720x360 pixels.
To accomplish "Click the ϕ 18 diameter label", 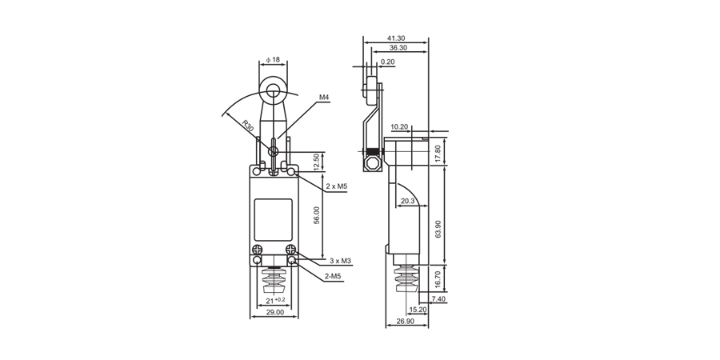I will pos(273,59).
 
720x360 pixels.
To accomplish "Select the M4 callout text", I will pos(325,98).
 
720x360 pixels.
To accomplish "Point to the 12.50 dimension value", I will pos(317,162).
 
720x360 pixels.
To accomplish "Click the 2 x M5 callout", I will pos(337,186).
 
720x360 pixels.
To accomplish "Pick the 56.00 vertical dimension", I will pos(317,215).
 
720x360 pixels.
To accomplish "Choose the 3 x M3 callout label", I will pos(341,261).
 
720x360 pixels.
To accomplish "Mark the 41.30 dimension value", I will pos(395,38).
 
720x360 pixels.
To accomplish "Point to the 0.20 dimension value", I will pos(387,62).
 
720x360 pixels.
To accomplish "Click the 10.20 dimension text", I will pos(399,126).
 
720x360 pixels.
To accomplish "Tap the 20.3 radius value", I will pos(408,202).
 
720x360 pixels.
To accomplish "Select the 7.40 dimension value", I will pos(438,298).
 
